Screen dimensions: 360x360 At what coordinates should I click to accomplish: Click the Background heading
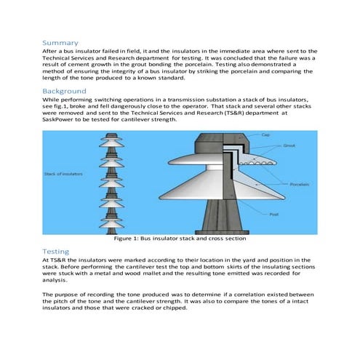(x=66, y=91)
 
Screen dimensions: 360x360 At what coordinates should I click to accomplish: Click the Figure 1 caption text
(x=180, y=239)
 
